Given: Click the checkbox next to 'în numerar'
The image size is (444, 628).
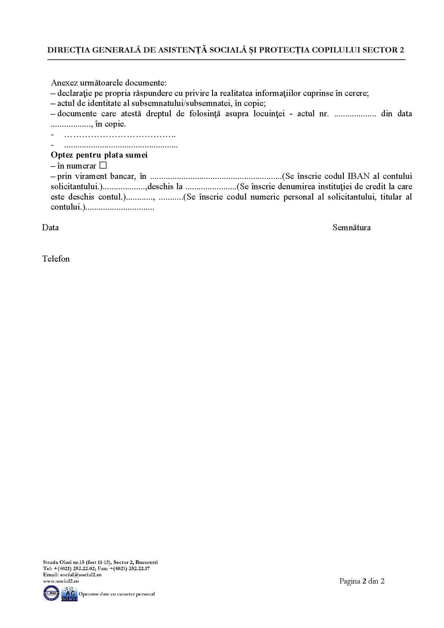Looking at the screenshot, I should pos(103,166).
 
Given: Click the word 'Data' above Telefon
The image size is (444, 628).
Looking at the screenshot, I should pos(51,228).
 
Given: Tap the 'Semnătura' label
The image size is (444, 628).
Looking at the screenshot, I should pos(351,228).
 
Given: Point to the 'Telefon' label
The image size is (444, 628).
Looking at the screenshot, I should pos(56,259).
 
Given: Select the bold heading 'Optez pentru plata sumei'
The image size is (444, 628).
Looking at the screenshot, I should pos(99,155).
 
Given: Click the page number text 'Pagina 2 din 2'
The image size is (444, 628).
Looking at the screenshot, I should pos(362,581).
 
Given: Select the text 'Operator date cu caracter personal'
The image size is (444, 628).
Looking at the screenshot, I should pos(117,594).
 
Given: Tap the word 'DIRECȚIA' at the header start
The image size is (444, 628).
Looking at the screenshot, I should pos(66,50).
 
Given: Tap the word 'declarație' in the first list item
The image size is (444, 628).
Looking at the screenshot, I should pos(73,93).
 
